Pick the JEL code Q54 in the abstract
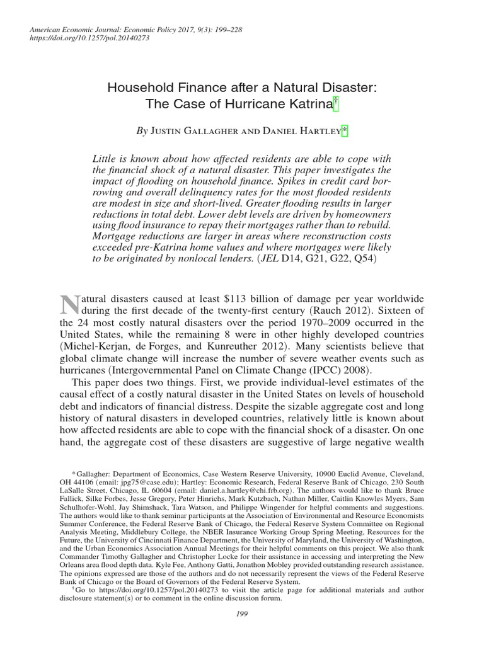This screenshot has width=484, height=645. [367, 258]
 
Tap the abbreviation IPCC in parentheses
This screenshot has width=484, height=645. [335, 371]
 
